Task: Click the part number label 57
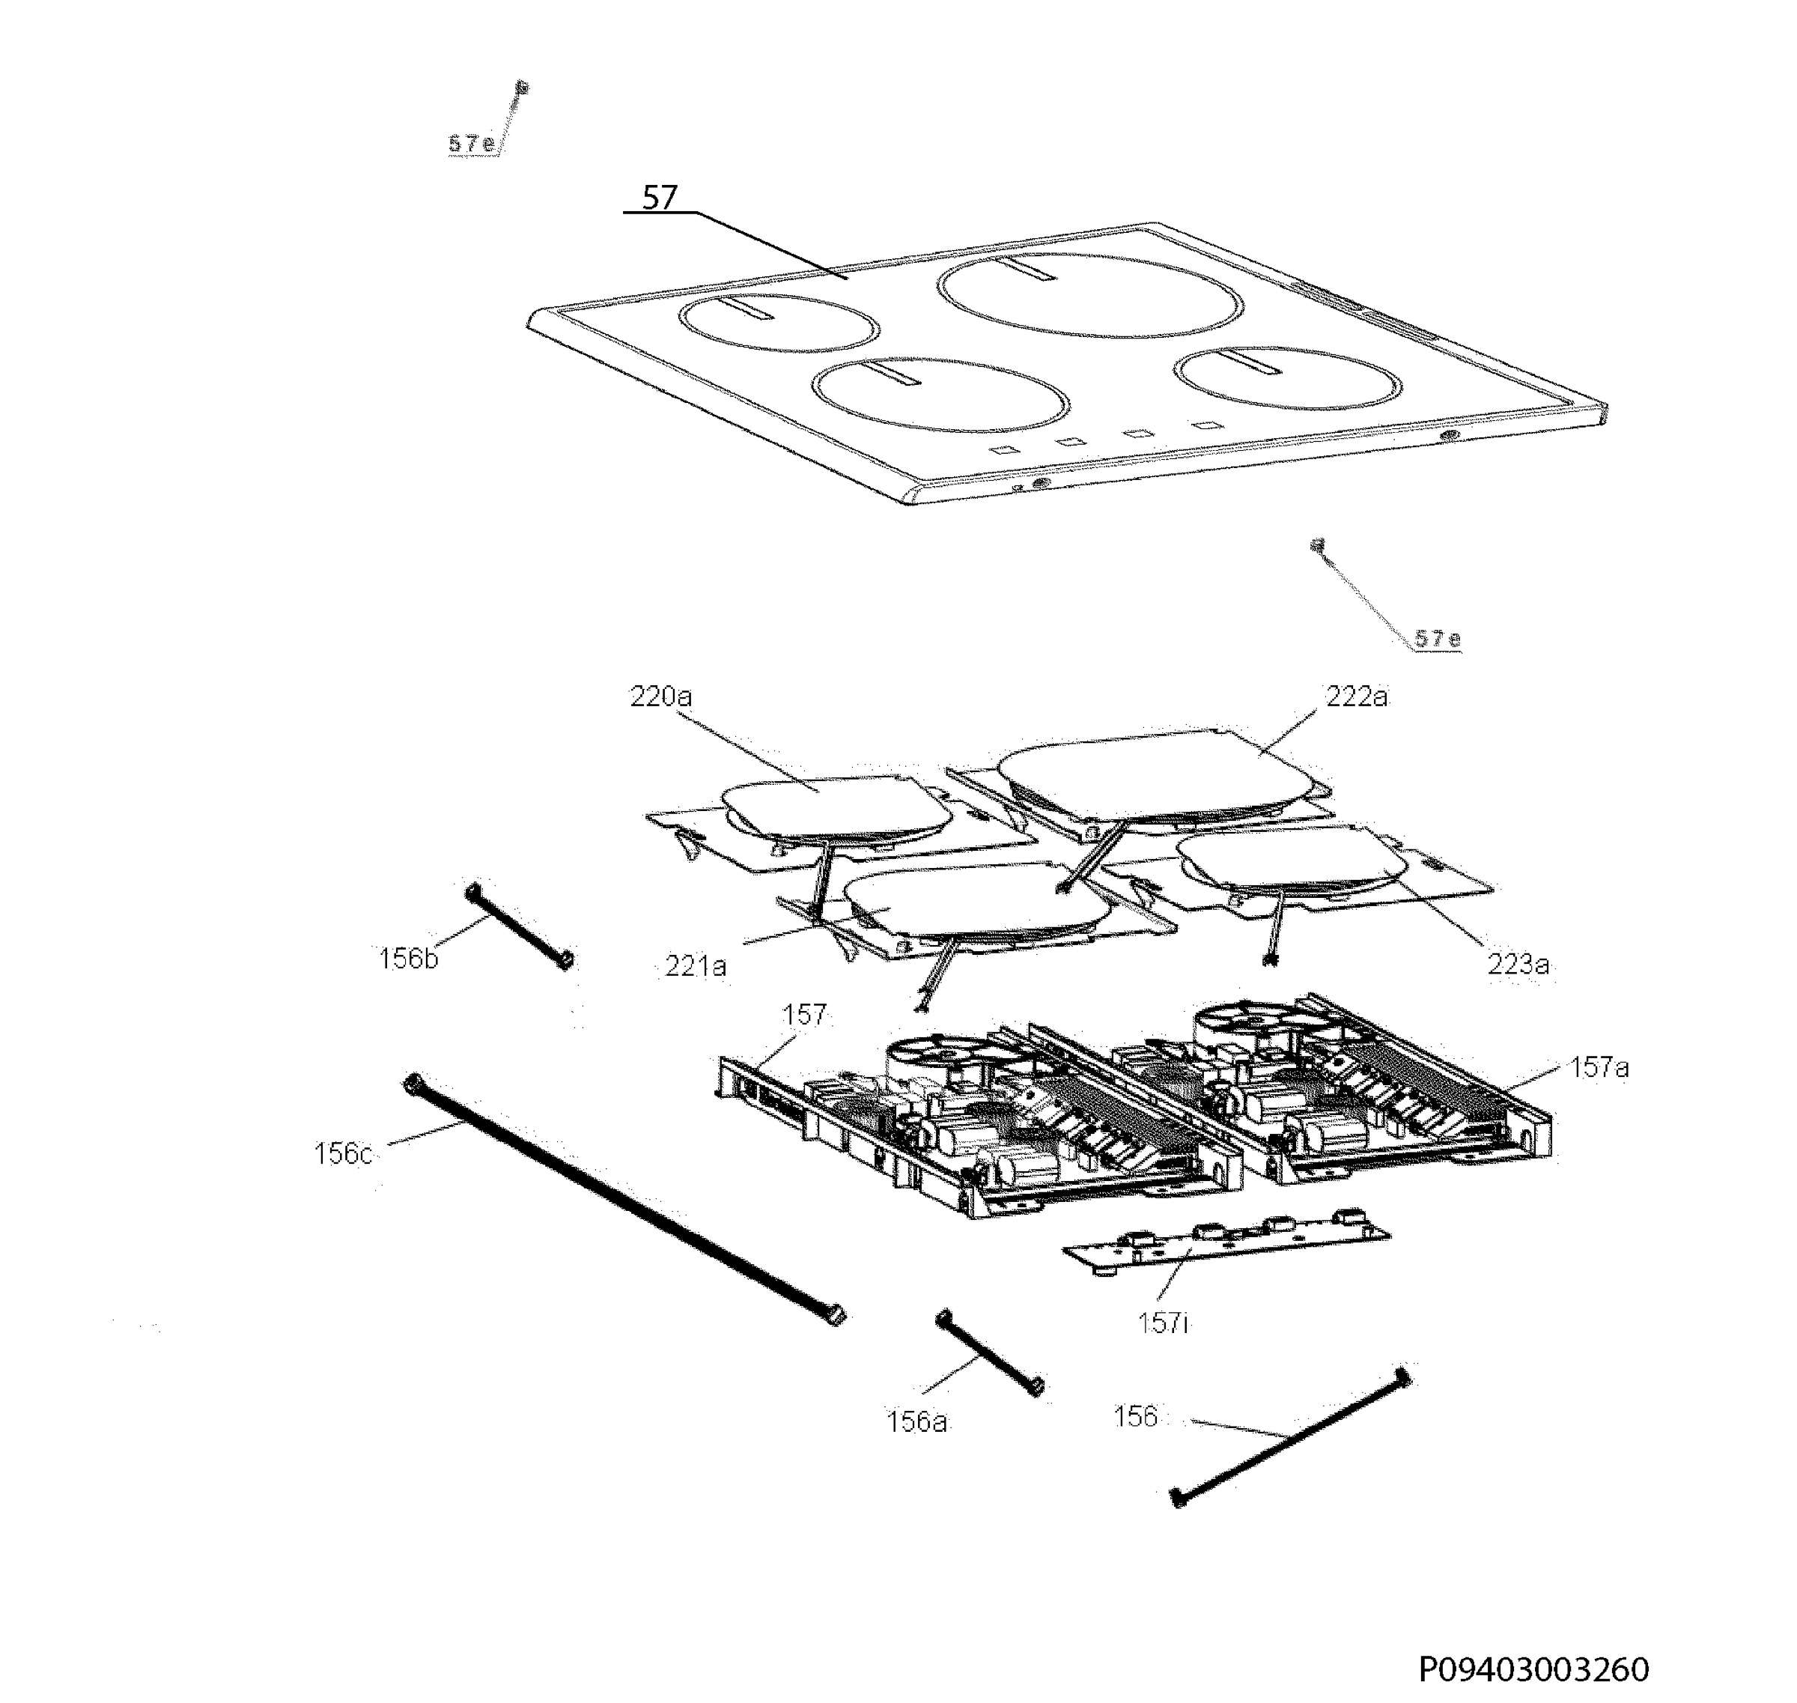660,198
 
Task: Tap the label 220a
660,696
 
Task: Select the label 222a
1357,696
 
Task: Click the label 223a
1518,964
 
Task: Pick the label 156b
408,958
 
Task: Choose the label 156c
343,1154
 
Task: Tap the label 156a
916,1421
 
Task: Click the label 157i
1163,1323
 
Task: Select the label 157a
1599,1067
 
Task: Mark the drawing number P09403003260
1533,1669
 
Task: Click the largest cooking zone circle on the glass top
1089,335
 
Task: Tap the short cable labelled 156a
990,1353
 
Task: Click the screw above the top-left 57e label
522,88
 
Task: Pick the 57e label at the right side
1437,638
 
